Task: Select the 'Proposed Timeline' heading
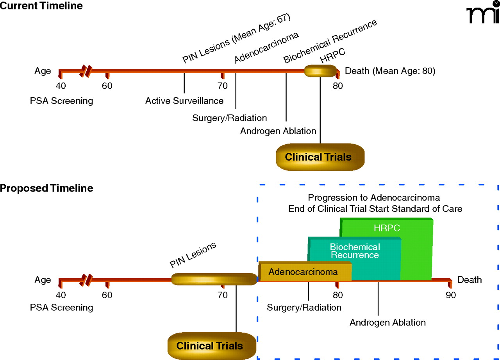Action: tap(46, 188)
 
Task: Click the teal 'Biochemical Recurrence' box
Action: tap(355, 251)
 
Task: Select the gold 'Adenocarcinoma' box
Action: tap(303, 272)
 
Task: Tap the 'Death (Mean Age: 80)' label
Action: tap(389, 71)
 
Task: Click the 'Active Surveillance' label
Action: tap(184, 101)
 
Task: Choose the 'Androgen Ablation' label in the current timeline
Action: tap(278, 131)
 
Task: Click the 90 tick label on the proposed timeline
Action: tap(451, 295)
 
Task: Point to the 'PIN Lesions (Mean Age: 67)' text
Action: tap(237, 39)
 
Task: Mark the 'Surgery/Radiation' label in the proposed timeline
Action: tap(304, 308)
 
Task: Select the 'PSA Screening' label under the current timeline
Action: tap(62, 101)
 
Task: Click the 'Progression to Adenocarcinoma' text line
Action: tap(374, 197)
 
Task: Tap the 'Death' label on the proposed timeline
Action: tap(470, 280)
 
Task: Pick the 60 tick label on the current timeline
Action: tap(107, 86)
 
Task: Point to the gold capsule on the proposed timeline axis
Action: tap(214, 279)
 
